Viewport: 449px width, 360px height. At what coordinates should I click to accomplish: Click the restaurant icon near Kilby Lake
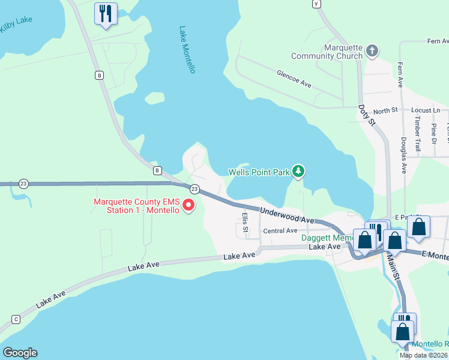click(106, 13)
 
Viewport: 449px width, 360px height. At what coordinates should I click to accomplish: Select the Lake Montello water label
click(187, 50)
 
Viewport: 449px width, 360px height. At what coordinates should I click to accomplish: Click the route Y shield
click(317, 4)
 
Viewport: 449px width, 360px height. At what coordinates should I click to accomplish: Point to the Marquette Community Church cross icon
click(372, 50)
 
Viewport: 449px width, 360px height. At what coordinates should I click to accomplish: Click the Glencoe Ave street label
click(294, 79)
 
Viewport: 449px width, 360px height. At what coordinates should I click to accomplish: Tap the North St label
click(385, 110)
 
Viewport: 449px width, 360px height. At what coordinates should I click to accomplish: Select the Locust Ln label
click(426, 110)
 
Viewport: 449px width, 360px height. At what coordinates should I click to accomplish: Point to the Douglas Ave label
click(403, 155)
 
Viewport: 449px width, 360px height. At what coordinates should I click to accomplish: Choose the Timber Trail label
click(417, 133)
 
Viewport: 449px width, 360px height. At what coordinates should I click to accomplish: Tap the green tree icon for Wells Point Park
click(298, 172)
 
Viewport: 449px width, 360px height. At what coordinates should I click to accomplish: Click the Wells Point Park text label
click(259, 172)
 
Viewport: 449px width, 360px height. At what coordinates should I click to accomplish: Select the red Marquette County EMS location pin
click(189, 206)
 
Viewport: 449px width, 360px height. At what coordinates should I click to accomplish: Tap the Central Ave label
click(280, 231)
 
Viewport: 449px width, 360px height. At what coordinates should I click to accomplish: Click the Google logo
click(20, 353)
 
